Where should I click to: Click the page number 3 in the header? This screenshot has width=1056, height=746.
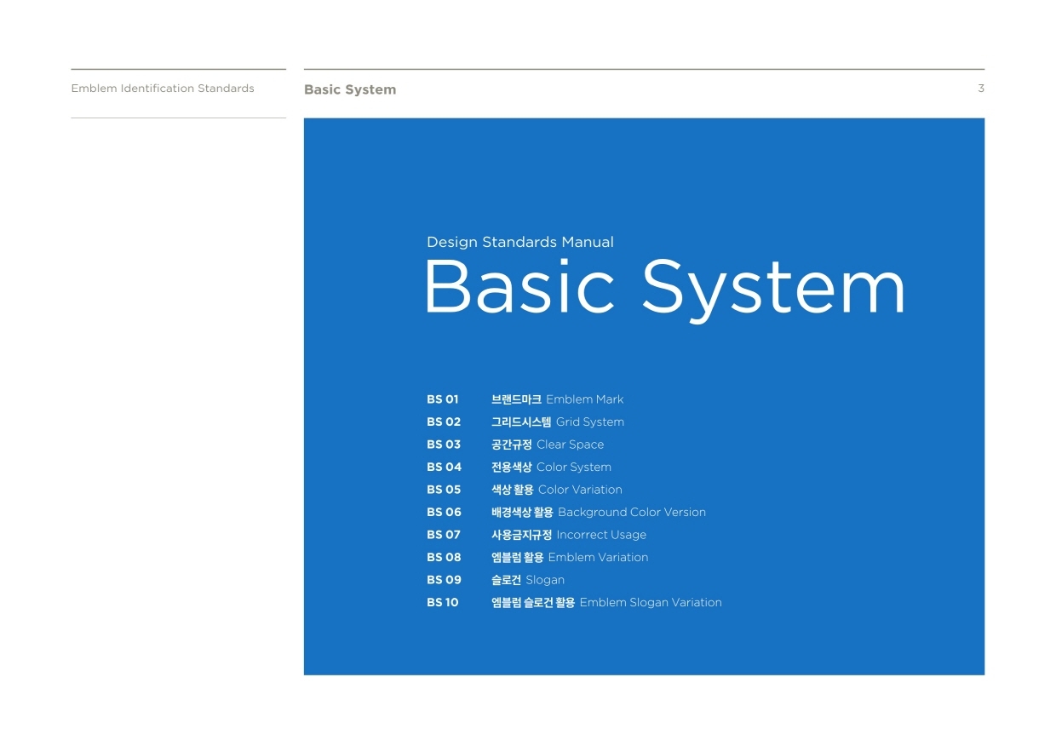click(x=980, y=89)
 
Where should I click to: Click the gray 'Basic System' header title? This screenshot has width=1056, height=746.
click(x=350, y=89)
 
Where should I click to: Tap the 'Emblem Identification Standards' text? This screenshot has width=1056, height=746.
click(x=163, y=89)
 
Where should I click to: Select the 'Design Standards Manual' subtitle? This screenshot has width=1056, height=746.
click(x=520, y=242)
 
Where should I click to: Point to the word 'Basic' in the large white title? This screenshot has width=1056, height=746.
click(x=519, y=286)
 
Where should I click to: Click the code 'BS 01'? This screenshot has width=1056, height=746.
click(x=442, y=399)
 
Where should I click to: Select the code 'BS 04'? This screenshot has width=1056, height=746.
click(x=444, y=467)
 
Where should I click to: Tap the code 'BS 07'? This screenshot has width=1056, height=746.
click(x=443, y=535)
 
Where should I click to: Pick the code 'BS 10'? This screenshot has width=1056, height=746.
click(x=442, y=602)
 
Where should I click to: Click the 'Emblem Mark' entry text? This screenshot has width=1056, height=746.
click(x=584, y=399)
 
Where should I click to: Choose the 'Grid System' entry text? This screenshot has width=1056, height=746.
click(x=590, y=422)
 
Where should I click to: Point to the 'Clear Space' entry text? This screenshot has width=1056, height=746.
click(x=570, y=445)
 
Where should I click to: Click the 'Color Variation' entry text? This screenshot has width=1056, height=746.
click(x=580, y=490)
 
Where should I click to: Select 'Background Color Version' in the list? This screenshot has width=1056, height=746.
click(x=632, y=512)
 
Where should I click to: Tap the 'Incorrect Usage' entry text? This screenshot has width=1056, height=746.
click(x=601, y=535)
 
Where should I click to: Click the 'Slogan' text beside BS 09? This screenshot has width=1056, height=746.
click(x=545, y=580)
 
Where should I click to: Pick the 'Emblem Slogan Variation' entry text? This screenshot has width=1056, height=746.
click(x=651, y=603)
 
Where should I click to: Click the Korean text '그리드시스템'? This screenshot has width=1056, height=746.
click(x=521, y=422)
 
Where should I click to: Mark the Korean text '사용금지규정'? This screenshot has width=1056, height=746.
click(x=521, y=535)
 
